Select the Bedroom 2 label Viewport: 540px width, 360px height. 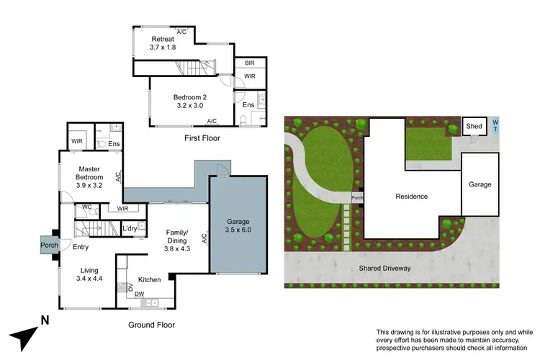(190, 98)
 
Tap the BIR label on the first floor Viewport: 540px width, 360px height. (249, 63)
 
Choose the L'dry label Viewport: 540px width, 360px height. (130, 229)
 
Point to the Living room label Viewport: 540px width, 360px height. (91, 271)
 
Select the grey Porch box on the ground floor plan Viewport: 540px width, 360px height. (49, 246)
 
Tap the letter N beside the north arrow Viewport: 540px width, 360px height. (45, 320)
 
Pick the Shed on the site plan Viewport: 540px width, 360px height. (474, 126)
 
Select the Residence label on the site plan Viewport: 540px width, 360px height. (411, 196)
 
